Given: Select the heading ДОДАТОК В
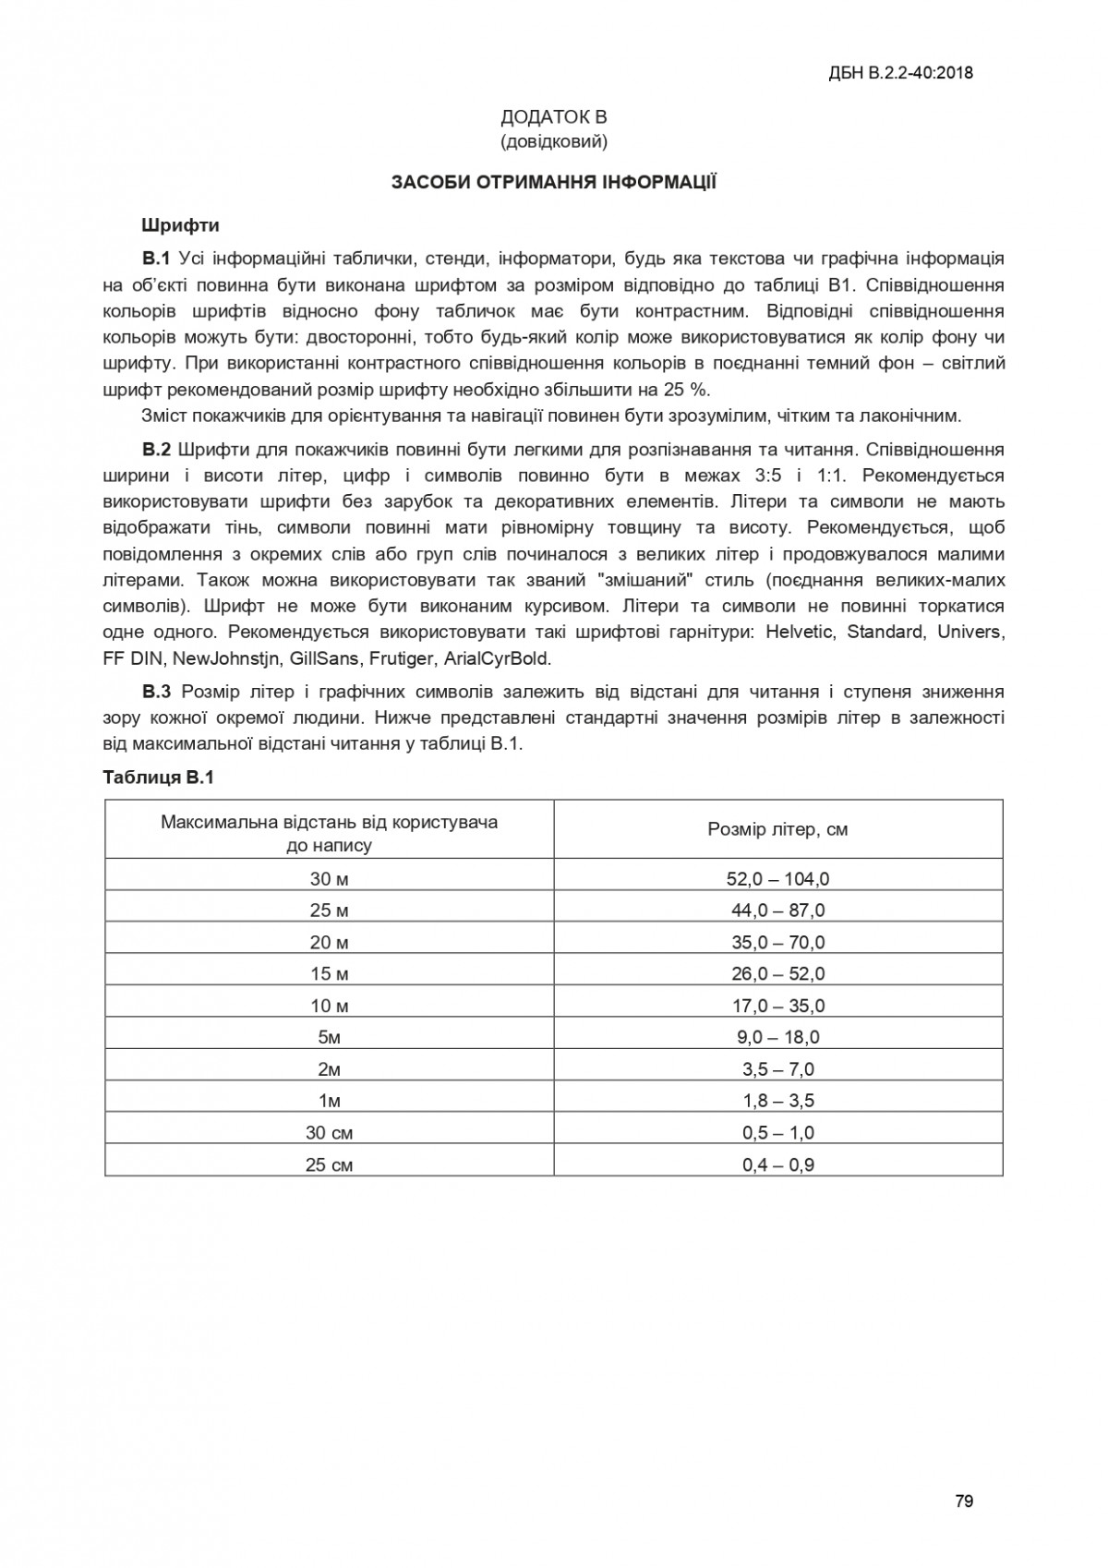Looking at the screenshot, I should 553,117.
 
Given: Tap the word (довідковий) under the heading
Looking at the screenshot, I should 553,141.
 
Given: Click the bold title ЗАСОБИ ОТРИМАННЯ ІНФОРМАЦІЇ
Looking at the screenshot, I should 553,182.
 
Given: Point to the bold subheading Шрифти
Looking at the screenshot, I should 180,224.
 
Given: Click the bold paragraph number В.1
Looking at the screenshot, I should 157,258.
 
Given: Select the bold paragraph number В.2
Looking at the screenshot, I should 157,450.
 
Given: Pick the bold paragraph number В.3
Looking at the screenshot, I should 157,692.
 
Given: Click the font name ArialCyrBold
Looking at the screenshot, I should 497,659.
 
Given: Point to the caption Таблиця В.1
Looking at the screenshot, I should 158,778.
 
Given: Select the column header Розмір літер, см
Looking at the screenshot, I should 777,829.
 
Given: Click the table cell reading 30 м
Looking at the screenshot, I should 329,879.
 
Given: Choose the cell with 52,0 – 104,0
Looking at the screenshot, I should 777,879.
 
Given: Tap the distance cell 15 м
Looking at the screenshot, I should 329,974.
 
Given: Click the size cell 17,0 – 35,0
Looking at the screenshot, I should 777,1006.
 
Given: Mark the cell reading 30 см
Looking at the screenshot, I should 329,1133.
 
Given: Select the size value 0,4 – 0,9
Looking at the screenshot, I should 777,1164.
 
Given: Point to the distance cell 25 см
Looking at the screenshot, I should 329,1164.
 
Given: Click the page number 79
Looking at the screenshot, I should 964,1501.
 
